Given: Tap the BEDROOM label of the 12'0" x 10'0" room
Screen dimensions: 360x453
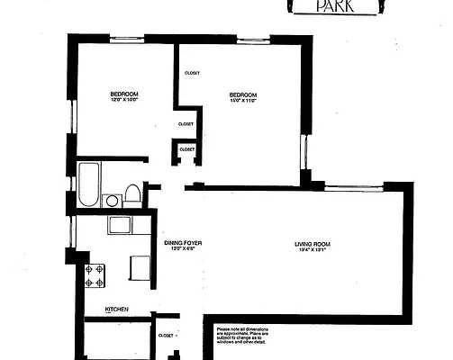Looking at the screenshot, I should (x=123, y=94).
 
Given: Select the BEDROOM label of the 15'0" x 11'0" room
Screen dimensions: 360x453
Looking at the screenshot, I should (x=242, y=94).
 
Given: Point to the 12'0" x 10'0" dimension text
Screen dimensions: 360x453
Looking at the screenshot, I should (x=123, y=101).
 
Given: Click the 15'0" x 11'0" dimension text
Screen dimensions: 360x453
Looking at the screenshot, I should (x=242, y=102).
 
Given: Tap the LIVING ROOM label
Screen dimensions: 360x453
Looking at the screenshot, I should (x=314, y=244).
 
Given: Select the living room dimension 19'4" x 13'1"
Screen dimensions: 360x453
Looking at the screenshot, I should (x=314, y=251).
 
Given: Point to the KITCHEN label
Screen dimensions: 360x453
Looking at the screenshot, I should (x=117, y=310).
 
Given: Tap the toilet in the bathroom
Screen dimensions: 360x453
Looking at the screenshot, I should (x=132, y=193).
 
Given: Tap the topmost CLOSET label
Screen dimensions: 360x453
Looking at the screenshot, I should (x=192, y=73).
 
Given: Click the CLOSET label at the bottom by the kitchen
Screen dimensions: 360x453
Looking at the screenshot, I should (x=166, y=336).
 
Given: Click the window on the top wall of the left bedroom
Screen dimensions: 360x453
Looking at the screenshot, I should (x=126, y=38).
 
